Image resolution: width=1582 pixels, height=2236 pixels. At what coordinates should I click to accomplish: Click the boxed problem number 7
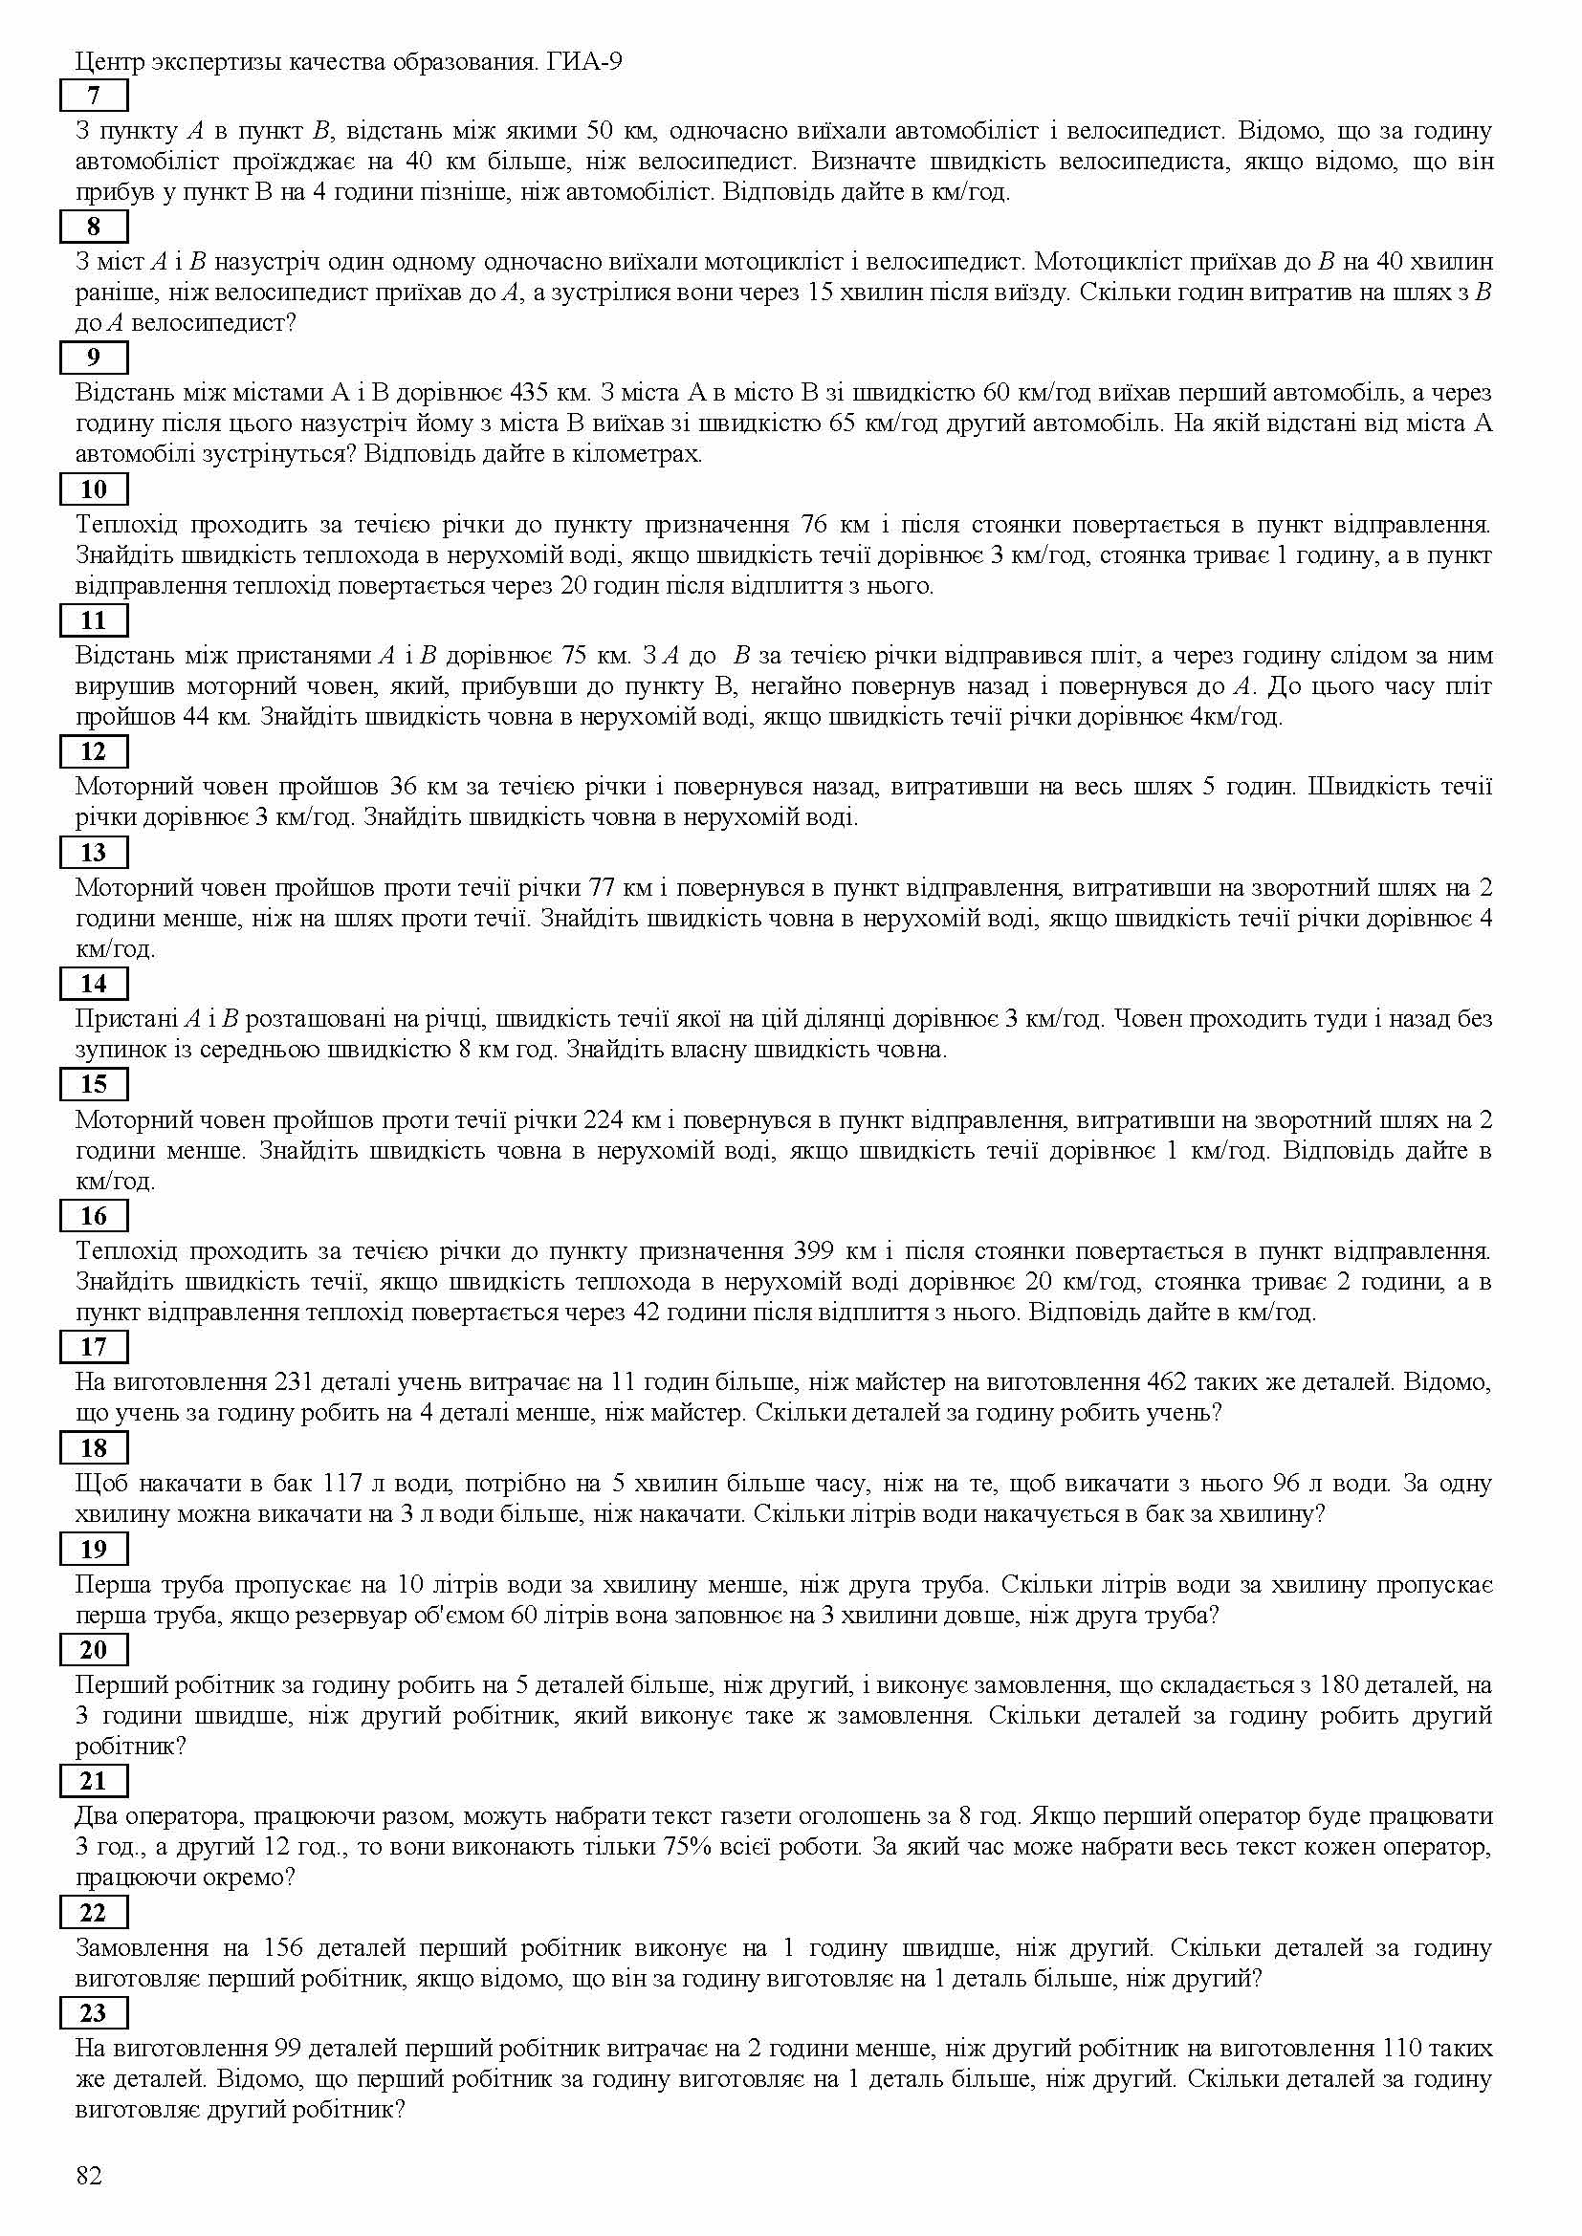point(94,96)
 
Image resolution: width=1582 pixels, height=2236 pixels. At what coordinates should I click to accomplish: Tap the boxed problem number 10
point(94,488)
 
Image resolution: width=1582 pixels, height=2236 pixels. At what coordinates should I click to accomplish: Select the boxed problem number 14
point(94,984)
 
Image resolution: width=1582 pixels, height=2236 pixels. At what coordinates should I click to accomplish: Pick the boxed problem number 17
point(94,1347)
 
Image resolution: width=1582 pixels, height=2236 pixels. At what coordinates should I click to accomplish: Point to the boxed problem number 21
point(94,1781)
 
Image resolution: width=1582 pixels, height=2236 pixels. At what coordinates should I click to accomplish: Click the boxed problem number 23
point(94,2013)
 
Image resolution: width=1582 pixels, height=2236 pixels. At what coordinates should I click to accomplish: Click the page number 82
point(89,2176)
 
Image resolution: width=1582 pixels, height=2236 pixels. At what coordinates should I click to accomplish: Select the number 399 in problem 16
point(815,1250)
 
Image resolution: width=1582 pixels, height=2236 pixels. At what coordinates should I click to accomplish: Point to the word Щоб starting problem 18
point(99,1484)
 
